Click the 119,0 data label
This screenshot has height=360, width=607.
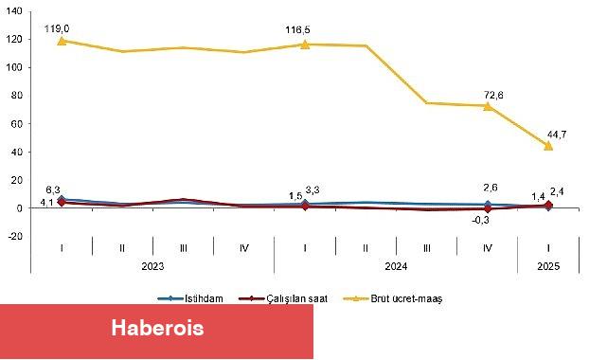(x=62, y=29)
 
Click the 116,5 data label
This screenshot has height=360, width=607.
(x=305, y=31)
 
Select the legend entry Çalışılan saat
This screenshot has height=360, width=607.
(x=297, y=297)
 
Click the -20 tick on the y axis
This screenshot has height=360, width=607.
(x=12, y=236)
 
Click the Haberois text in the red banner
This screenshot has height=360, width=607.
(x=156, y=329)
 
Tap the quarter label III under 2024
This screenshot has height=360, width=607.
(x=426, y=248)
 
